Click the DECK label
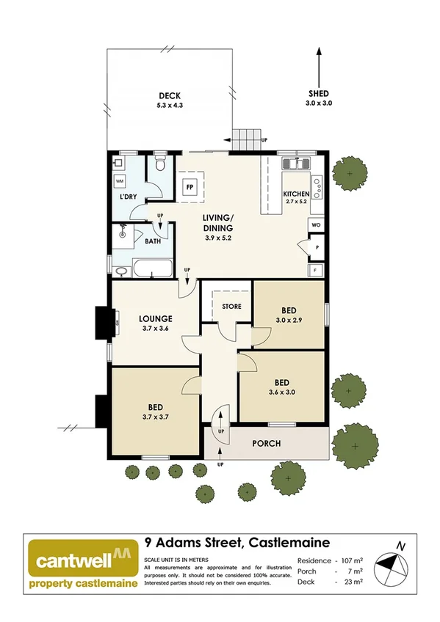169,96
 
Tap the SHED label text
319,93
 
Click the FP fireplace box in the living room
190,187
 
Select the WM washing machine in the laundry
120,180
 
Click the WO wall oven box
316,224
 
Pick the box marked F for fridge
316,269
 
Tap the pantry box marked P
316,247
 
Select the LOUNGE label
155,319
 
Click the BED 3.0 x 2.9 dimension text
288,321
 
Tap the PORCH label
267,443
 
